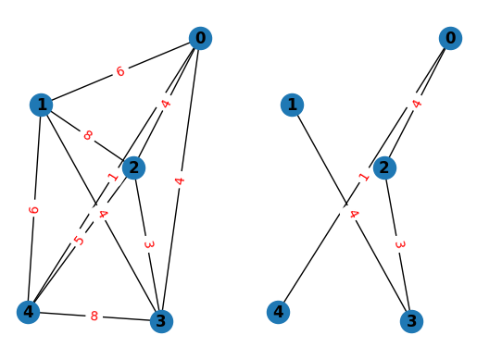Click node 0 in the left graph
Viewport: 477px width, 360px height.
point(199,38)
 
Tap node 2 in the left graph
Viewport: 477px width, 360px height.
point(134,168)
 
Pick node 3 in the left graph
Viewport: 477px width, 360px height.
point(161,321)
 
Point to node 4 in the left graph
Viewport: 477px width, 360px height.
point(29,312)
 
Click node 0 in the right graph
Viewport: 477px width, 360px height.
point(450,38)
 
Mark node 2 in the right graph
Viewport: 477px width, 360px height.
point(385,168)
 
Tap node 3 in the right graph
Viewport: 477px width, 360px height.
point(412,321)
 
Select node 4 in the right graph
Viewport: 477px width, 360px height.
point(279,312)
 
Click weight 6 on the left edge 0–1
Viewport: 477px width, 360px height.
point(120,71)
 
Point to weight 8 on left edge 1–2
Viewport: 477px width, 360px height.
point(88,136)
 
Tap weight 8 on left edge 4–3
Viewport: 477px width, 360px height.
point(94,317)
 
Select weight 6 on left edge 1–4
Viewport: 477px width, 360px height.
point(35,209)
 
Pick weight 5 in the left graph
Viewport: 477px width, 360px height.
point(80,241)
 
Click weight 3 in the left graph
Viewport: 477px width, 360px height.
point(148,244)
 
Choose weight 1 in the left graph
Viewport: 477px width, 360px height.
point(113,176)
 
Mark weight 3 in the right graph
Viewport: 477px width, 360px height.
point(399,244)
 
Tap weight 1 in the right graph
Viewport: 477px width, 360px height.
point(364,176)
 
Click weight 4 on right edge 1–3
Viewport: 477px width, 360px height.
point(353,214)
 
